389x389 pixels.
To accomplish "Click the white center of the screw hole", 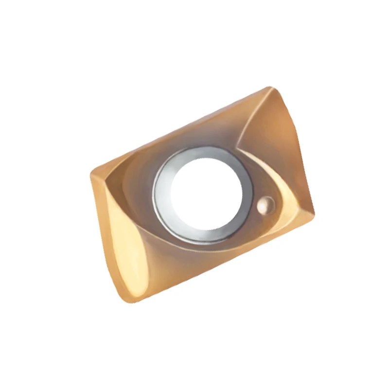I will [x=203, y=194].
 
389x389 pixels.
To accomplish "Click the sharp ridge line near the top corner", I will [x=253, y=117].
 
